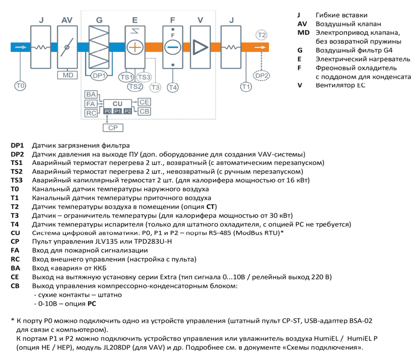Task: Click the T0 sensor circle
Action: click(20, 86)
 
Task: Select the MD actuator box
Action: click(67, 75)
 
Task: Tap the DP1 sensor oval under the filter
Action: click(99, 76)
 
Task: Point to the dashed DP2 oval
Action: click(262, 76)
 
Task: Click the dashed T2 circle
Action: click(262, 35)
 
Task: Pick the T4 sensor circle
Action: click(173, 87)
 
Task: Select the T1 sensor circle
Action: click(246, 87)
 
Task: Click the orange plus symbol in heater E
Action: click(135, 47)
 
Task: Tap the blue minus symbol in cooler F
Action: click(173, 47)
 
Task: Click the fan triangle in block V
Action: click(199, 47)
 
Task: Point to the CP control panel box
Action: click(113, 128)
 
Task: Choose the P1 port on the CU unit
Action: click(117, 111)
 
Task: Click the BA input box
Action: click(91, 94)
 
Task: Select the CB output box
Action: click(144, 111)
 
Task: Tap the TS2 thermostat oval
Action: click(135, 86)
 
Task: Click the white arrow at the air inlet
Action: click(21, 47)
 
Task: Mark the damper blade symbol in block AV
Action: click(67, 47)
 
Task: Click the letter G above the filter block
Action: click(99, 20)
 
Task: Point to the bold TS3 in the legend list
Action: click(17, 180)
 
